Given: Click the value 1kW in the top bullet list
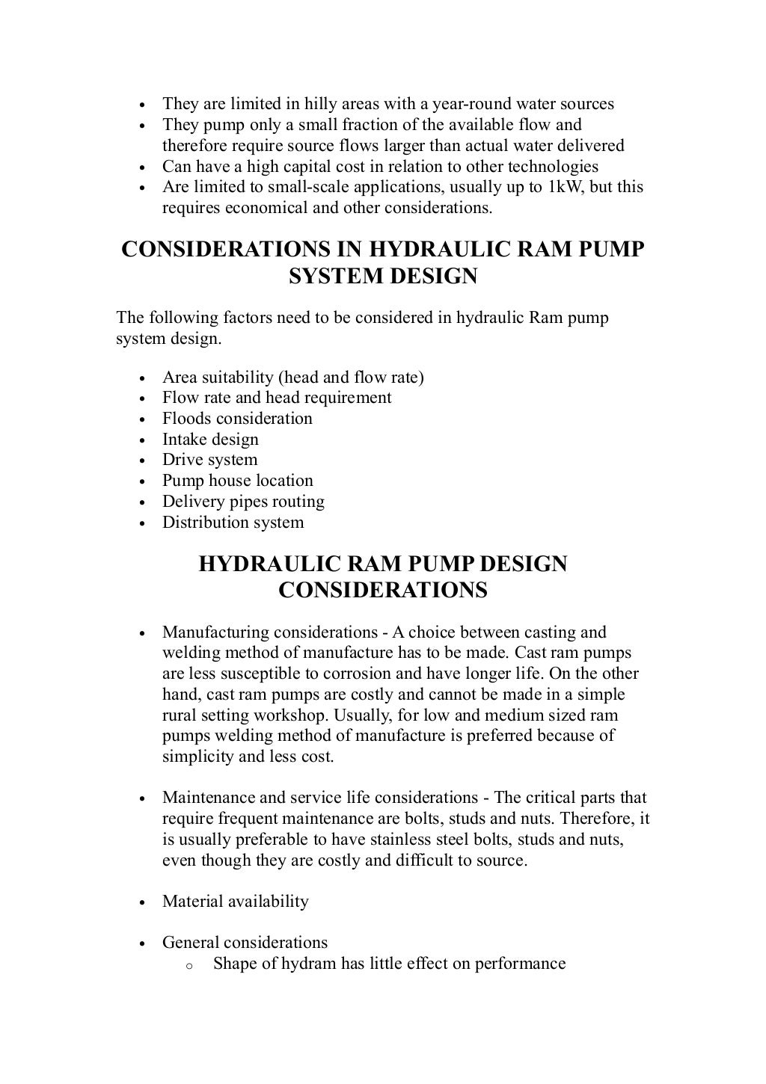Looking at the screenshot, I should point(566,187).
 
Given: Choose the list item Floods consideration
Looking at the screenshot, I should point(237,419).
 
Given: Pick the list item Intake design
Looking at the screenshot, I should point(210,440).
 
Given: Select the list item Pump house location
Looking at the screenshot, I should point(237,481).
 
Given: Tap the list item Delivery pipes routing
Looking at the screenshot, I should point(243,502).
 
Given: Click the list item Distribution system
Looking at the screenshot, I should point(233,523).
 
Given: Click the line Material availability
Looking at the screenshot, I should point(235,902).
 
